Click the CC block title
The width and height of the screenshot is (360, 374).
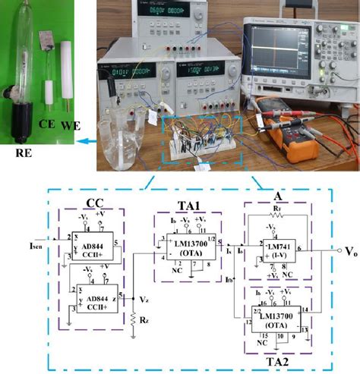pos(95,203)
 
